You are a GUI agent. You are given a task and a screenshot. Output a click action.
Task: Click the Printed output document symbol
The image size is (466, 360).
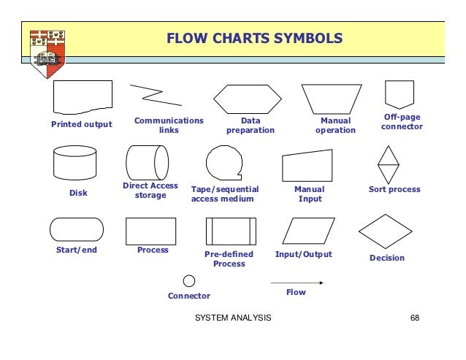coord(83,97)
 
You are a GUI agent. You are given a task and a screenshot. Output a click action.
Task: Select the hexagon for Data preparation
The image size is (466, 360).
coord(247,99)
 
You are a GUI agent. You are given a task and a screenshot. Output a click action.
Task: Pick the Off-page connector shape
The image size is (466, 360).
coord(400,94)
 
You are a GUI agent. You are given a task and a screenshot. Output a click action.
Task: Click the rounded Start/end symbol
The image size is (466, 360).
coord(76,229)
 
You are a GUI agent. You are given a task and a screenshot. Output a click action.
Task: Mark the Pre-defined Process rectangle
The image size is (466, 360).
coord(231,231)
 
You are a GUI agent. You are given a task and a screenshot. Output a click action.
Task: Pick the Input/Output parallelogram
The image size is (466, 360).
coord(308,231)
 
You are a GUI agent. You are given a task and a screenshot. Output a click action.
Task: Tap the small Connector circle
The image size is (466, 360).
coord(189,280)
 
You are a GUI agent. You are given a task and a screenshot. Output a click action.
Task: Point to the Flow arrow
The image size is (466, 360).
coord(297,282)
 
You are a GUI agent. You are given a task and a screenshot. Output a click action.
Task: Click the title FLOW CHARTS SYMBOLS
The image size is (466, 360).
coord(254,37)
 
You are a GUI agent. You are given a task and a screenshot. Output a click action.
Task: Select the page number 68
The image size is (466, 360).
coord(415,318)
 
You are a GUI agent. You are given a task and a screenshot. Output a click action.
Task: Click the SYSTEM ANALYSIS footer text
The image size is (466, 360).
coord(234,318)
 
